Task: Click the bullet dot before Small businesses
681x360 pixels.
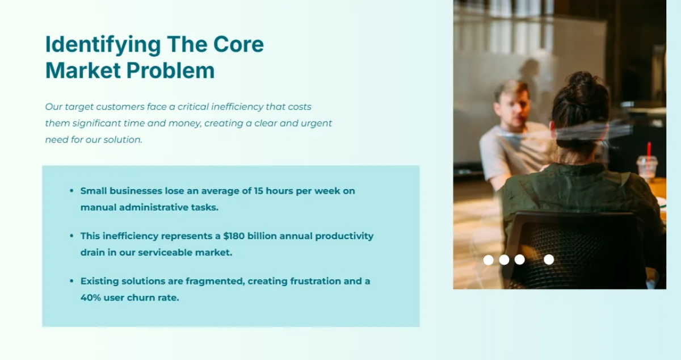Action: pos(72,191)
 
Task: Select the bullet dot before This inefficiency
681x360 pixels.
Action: pos(72,236)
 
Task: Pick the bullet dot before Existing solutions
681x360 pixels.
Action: pos(72,281)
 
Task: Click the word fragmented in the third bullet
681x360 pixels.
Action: pos(215,281)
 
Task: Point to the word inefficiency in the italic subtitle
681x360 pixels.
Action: pos(237,107)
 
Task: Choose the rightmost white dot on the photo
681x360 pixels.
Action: pos(549,259)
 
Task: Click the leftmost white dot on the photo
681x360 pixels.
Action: pos(488,259)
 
